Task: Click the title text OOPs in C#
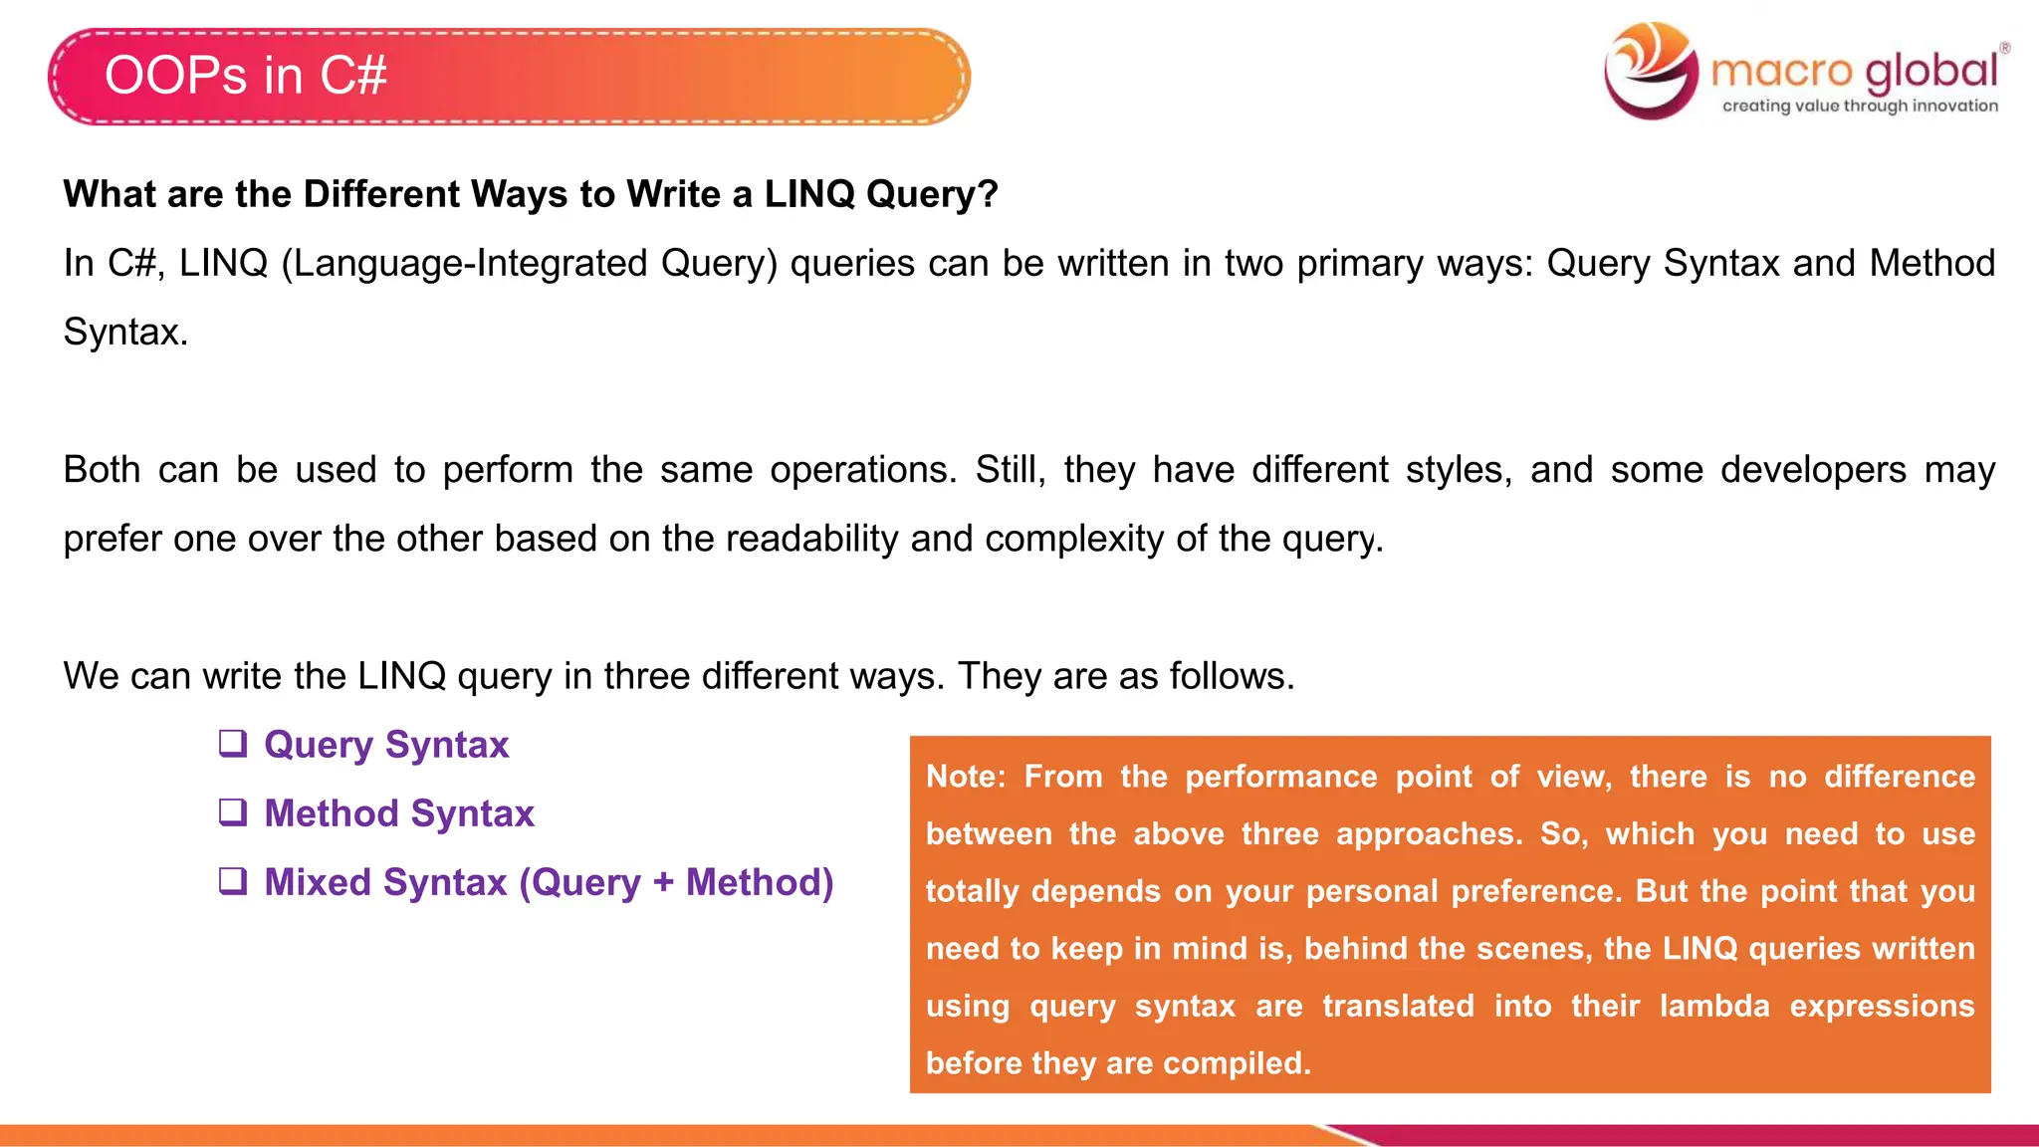point(245,76)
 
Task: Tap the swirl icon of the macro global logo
point(1651,70)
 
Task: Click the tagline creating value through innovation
point(1860,106)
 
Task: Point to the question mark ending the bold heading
point(988,194)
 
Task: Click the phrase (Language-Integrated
point(464,264)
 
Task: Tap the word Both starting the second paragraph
point(101,470)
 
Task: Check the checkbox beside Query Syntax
point(233,744)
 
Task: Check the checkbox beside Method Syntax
point(233,812)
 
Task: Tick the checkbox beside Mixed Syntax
point(233,881)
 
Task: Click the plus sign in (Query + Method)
point(663,883)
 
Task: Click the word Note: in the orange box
point(966,777)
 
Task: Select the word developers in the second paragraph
point(1813,470)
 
